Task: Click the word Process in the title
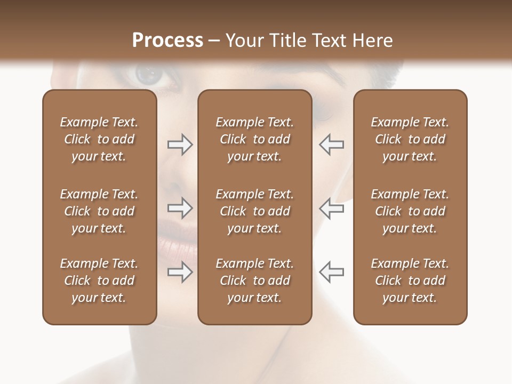(x=167, y=41)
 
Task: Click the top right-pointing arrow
(x=180, y=145)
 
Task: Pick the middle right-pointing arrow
(x=180, y=209)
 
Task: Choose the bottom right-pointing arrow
(x=180, y=273)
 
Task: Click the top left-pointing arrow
(x=331, y=145)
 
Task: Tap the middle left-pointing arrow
(x=331, y=209)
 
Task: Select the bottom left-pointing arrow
(x=331, y=273)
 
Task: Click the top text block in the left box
(x=99, y=139)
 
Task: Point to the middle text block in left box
(x=99, y=211)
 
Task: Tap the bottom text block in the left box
(x=99, y=281)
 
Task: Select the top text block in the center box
(x=254, y=139)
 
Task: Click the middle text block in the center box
(x=254, y=211)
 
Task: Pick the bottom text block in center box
(x=254, y=281)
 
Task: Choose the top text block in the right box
(x=410, y=139)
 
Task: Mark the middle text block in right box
(x=410, y=211)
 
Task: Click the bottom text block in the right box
(x=410, y=281)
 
